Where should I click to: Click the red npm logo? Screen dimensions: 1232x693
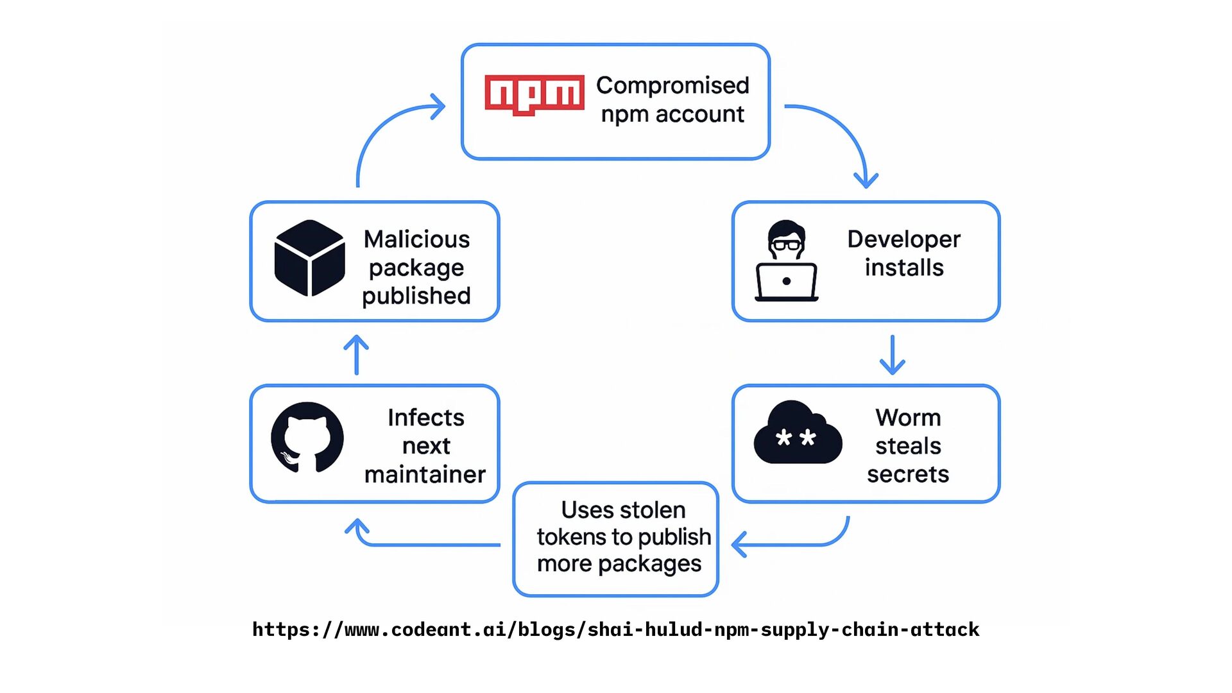[x=535, y=94]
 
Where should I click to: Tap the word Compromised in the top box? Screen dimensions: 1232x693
[x=672, y=85]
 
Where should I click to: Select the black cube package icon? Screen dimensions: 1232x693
[x=310, y=258]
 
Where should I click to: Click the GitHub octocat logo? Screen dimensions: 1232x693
[x=307, y=438]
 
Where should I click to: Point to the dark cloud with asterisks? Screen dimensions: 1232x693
[x=798, y=432]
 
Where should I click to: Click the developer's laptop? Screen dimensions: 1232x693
[x=787, y=282]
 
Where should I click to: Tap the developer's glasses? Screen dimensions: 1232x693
[x=787, y=244]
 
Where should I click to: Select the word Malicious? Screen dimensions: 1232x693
[x=417, y=239]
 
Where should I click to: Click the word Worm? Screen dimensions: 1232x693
[x=908, y=418]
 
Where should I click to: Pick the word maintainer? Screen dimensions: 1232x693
[x=425, y=475]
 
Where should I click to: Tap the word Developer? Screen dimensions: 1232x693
[x=903, y=240]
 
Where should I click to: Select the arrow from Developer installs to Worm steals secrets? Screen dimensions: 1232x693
[x=893, y=354]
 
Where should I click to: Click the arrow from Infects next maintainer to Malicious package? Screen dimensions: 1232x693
[x=356, y=354]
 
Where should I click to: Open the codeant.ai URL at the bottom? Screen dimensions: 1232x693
[x=616, y=630]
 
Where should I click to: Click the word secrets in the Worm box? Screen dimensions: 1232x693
[x=908, y=474]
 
